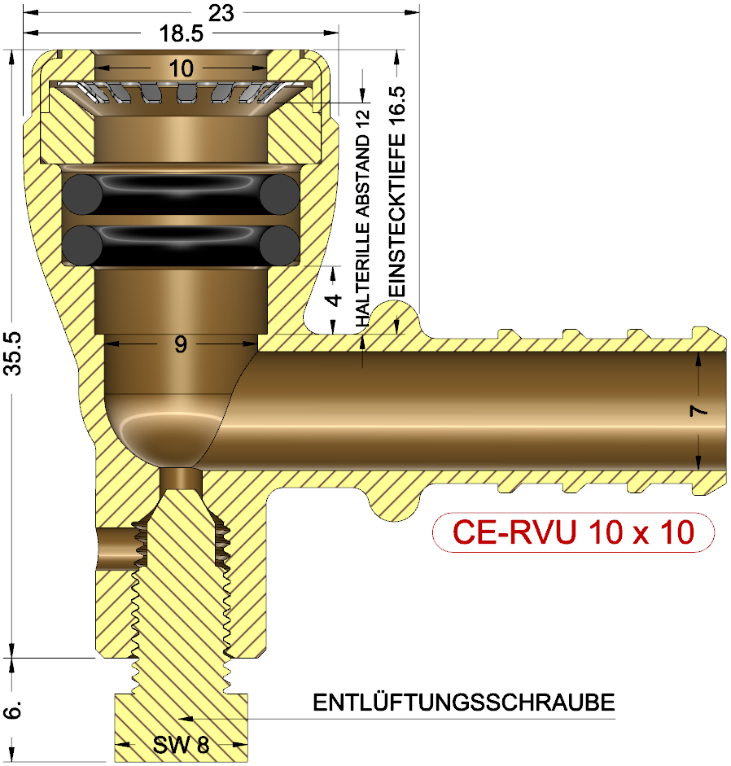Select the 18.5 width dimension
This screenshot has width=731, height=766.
182,34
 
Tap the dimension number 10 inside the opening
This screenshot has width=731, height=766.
181,69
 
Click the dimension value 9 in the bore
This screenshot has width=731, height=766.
181,344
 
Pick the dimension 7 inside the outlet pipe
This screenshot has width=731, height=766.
698,411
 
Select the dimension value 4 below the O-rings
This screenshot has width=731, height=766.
334,299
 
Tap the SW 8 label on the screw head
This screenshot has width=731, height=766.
181,744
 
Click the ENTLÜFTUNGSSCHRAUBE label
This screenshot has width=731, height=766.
463,703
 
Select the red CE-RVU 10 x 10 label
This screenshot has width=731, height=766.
573,533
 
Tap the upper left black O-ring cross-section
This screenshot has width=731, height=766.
82,196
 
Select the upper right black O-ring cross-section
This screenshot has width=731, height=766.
279,196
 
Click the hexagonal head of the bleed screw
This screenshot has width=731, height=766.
181,724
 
